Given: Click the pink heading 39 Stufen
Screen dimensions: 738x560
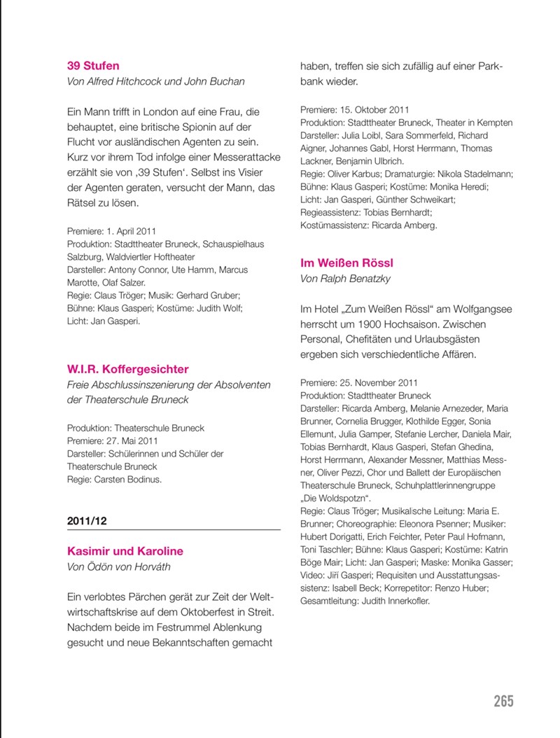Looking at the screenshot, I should tap(93, 66).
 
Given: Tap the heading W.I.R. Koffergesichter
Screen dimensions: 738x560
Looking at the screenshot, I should tap(127, 369).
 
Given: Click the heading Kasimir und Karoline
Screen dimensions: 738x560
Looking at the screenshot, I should tap(125, 551).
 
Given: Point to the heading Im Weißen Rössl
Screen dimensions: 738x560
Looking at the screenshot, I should tap(346, 263).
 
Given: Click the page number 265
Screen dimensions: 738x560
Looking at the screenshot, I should tap(503, 701).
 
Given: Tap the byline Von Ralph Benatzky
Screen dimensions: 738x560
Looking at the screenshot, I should tap(345, 279).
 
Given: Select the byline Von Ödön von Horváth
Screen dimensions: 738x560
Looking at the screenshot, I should tap(118, 566).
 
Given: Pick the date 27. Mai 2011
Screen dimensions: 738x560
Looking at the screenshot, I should tap(132, 441).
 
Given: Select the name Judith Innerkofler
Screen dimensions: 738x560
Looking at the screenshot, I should tap(395, 601).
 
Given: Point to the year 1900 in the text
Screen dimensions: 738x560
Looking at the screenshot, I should tap(367, 324).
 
